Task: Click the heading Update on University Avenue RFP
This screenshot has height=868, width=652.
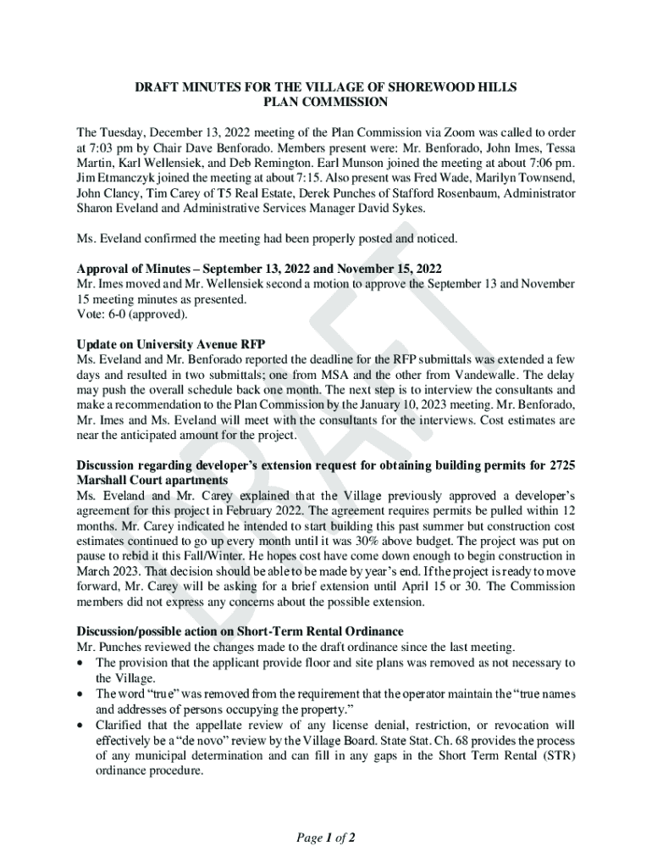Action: pyautogui.click(x=171, y=343)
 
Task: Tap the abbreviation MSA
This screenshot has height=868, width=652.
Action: pyautogui.click(x=356, y=376)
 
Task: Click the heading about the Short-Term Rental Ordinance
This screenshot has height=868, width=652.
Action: pyautogui.click(x=240, y=631)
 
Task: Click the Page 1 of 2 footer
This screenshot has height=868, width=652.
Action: pyautogui.click(x=325, y=838)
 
